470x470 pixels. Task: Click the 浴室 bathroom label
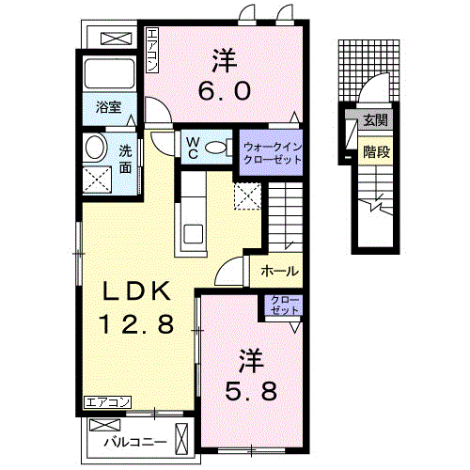pyautogui.click(x=109, y=107)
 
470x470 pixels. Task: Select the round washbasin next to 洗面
pyautogui.click(x=94, y=147)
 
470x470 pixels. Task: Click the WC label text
pyautogui.click(x=192, y=146)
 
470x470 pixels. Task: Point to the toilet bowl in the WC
pyautogui.click(x=215, y=146)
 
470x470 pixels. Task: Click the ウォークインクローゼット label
pyautogui.click(x=273, y=153)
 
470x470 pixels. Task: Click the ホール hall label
pyautogui.click(x=278, y=271)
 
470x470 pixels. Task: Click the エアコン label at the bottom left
pyautogui.click(x=106, y=402)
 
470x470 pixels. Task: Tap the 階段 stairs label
pyautogui.click(x=375, y=149)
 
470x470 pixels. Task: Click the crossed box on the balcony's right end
pyautogui.click(x=182, y=439)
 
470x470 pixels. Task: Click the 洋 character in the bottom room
pyautogui.click(x=249, y=357)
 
